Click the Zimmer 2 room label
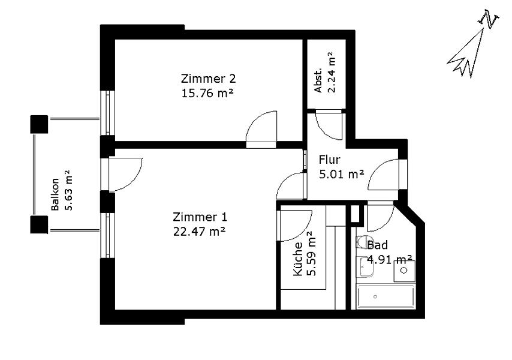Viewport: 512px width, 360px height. point(208,79)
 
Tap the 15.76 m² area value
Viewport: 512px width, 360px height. point(207,94)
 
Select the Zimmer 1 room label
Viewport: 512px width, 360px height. point(200,217)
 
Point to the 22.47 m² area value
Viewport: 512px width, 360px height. point(199,232)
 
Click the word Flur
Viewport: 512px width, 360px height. point(330,160)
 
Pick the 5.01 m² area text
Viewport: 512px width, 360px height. point(341,175)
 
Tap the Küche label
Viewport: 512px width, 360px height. point(298,259)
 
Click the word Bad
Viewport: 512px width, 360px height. point(377,245)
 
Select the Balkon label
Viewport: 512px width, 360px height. point(55,194)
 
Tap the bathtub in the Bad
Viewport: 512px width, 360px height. point(385,296)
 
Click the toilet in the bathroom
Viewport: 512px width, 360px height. point(363,242)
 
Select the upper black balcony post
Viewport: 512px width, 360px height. point(39,124)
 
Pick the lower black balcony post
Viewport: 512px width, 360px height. point(39,224)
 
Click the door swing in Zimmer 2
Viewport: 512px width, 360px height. point(261,127)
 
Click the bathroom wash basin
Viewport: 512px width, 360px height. point(365,267)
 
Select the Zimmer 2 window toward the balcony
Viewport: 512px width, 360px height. point(107,112)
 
